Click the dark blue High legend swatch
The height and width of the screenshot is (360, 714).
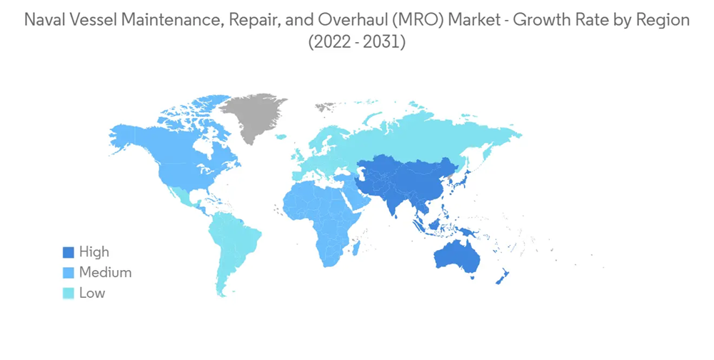tap(69, 252)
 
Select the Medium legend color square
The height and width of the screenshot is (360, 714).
tap(69, 273)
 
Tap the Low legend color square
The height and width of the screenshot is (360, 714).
tap(69, 293)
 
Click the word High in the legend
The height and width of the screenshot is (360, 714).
tap(94, 252)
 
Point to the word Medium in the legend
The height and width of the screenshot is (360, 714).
tap(105, 273)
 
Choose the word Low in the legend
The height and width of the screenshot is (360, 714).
tap(92, 293)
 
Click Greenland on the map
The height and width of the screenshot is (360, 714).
tap(254, 116)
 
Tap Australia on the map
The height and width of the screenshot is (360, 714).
tap(457, 258)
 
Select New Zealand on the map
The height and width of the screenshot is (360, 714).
tap(502, 278)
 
